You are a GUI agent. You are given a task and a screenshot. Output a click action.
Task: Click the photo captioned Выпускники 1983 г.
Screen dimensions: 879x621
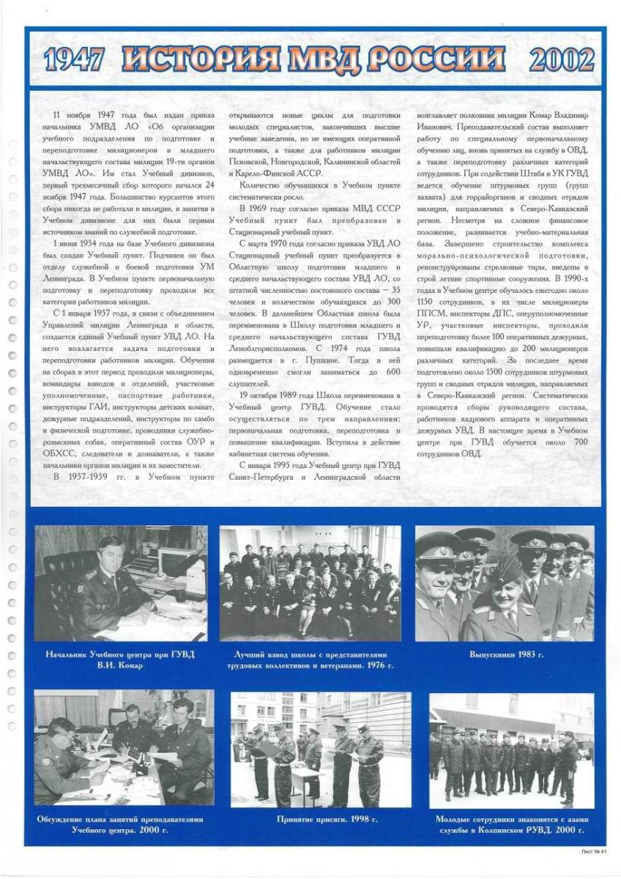pyautogui.click(x=505, y=583)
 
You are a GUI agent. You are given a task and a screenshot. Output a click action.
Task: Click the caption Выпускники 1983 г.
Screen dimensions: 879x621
pyautogui.click(x=506, y=653)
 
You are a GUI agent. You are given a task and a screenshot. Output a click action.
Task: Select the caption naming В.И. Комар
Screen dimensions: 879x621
pyautogui.click(x=120, y=659)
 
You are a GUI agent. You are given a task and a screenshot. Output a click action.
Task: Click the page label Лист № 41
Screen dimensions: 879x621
pyautogui.click(x=593, y=852)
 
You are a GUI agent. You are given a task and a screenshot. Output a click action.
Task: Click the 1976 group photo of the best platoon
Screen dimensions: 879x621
pyautogui.click(x=311, y=583)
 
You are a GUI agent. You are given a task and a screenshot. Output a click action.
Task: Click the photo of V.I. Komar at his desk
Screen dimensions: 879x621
pyautogui.click(x=120, y=583)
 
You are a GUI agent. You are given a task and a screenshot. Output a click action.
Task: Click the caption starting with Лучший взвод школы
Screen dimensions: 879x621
pyautogui.click(x=311, y=659)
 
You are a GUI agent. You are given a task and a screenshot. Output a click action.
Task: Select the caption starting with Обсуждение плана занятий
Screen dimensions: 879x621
pyautogui.click(x=120, y=825)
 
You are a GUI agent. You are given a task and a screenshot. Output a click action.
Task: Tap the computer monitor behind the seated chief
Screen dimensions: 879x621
pyautogui.click(x=173, y=563)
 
